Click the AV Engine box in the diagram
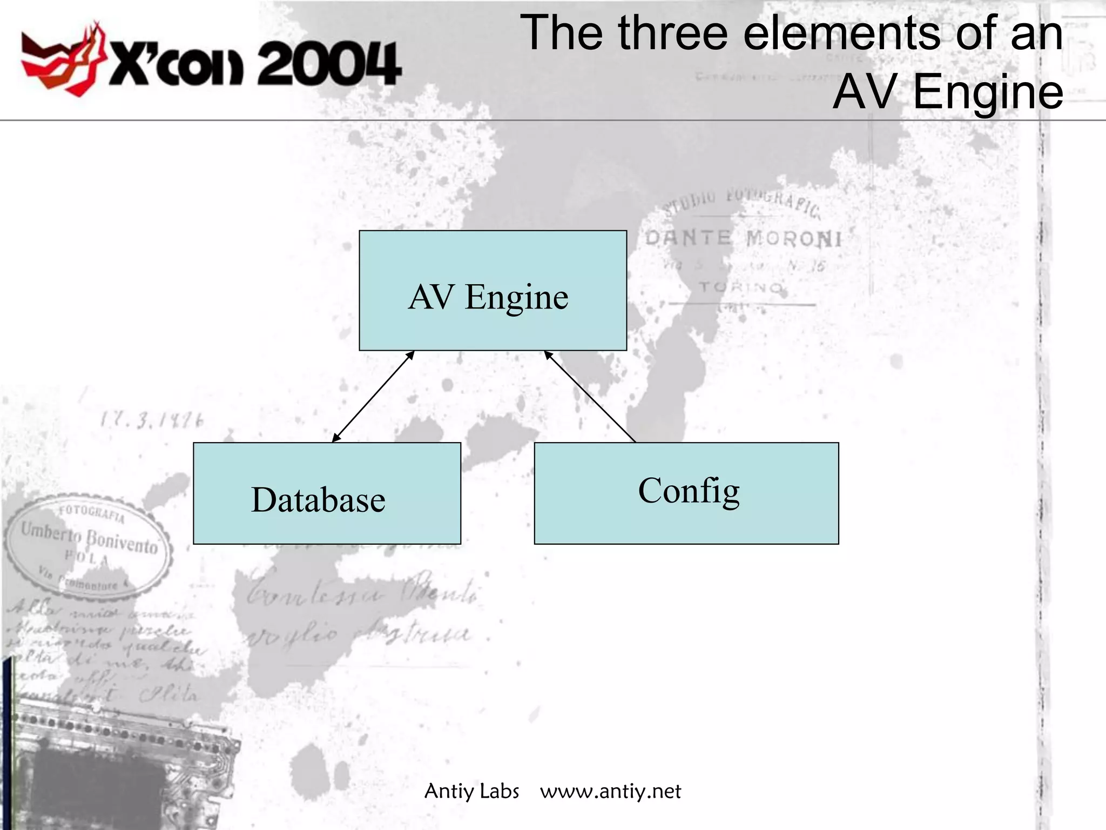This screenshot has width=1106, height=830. (x=493, y=291)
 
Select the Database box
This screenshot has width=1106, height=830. (x=327, y=493)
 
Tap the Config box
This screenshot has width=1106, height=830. (x=686, y=493)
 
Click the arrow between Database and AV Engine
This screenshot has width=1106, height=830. (x=373, y=397)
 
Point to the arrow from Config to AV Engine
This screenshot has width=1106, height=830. (x=590, y=397)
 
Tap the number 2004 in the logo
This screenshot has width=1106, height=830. (x=329, y=65)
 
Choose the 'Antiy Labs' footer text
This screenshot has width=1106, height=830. (x=471, y=791)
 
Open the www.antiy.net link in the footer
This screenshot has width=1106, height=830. (x=610, y=791)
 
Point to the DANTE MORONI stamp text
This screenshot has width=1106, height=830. (x=743, y=238)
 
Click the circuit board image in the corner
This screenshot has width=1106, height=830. (x=108, y=767)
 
